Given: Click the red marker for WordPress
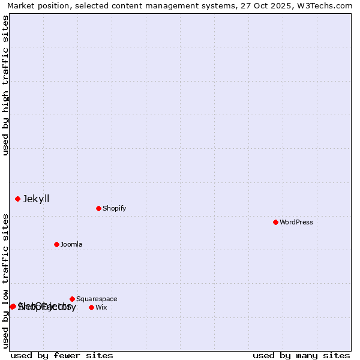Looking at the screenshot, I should click(x=275, y=222).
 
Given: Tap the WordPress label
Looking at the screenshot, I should click(x=296, y=222).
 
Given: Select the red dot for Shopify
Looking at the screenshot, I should click(x=98, y=208).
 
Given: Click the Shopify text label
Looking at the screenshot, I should click(x=115, y=208).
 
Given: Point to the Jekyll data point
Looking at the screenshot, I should click(x=17, y=199).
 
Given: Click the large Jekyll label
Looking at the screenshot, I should click(x=36, y=199).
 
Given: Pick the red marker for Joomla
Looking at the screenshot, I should click(x=56, y=244).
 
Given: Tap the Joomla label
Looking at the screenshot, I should click(x=71, y=244).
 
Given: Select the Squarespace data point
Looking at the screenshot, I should click(x=72, y=299).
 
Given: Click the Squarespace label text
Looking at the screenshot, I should click(x=97, y=299).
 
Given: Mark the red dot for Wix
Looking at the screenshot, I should click(x=91, y=307).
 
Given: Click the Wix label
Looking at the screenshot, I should click(x=101, y=307).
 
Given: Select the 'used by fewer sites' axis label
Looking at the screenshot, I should click(x=62, y=355).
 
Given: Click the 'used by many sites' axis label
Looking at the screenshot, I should click(x=301, y=355).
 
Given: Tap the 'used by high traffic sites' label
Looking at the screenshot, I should click(x=5, y=85).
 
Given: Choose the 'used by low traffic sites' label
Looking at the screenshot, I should click(x=5, y=281).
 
